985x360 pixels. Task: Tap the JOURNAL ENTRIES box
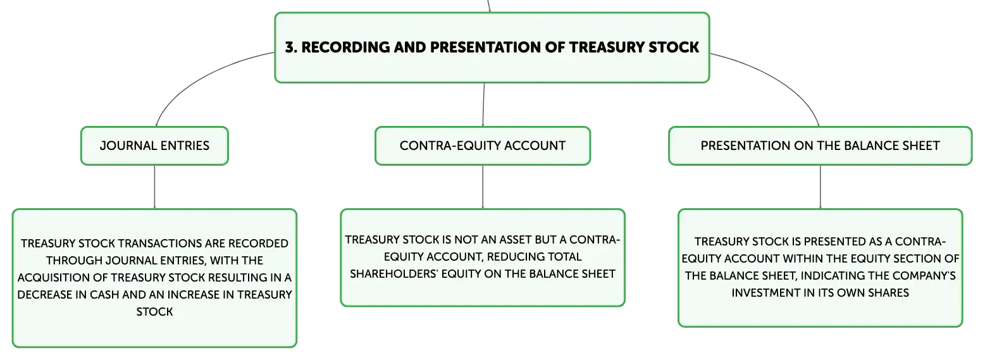[154, 146]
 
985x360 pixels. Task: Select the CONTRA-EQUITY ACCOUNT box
[483, 146]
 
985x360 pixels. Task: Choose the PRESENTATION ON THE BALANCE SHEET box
[820, 146]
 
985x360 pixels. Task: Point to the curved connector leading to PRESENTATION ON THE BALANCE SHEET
[778, 77]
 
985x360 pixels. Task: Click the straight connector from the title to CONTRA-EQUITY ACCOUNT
[483, 104]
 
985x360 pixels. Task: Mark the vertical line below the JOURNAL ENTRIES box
[154, 187]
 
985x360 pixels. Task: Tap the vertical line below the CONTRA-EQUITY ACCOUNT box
[483, 187]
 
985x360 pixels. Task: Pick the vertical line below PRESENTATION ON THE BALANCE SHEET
[820, 187]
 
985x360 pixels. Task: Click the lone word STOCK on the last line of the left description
[154, 312]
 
